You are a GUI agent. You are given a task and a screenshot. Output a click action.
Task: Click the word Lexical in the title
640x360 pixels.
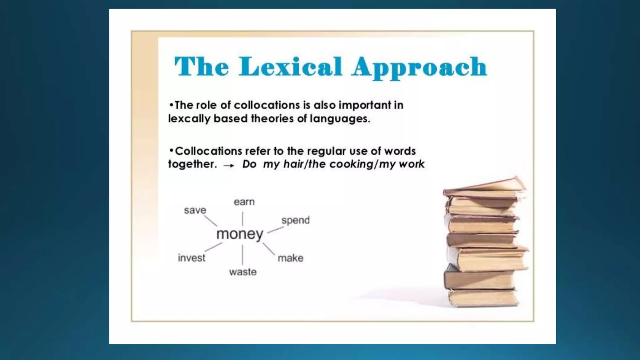[290, 67]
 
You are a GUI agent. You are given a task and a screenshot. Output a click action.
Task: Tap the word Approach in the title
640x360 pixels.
[419, 67]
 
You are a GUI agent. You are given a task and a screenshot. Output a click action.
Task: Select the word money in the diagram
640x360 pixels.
[240, 234]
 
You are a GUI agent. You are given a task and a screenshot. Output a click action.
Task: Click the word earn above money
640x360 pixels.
[244, 202]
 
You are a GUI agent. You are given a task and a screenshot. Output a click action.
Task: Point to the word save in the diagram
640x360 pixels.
[195, 210]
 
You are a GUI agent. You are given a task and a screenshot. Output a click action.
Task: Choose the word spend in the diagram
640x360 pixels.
[295, 220]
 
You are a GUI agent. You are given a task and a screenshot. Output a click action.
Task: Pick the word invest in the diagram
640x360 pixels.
[192, 258]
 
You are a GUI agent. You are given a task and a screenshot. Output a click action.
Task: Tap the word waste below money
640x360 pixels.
[243, 272]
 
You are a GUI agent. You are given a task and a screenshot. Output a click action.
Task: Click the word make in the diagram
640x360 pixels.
[291, 258]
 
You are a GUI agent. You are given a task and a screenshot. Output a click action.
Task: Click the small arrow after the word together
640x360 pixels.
[229, 165]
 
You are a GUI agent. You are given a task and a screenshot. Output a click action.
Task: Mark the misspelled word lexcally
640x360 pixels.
[189, 119]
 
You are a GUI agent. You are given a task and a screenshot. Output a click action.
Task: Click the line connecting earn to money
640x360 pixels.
[242, 218]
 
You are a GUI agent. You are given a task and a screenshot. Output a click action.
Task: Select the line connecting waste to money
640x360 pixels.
[242, 255]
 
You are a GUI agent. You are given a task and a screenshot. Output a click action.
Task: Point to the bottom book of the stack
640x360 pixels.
[484, 297]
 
